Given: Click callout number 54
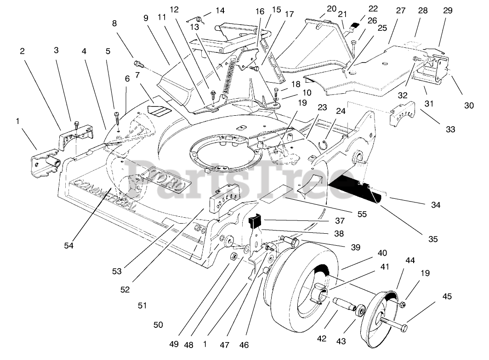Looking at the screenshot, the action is [68, 246].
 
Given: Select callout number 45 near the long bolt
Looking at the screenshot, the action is [447, 297].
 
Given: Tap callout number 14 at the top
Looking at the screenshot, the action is [220, 11].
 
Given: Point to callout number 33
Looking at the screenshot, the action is [450, 129].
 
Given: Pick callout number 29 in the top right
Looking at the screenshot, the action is [448, 11].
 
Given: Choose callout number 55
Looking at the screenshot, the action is [362, 214].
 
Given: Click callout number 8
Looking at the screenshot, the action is [114, 23].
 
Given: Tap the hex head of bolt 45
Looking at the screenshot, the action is [404, 328].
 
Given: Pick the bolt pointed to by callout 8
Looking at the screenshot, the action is [138, 65].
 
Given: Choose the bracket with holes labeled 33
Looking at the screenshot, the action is [403, 114].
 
